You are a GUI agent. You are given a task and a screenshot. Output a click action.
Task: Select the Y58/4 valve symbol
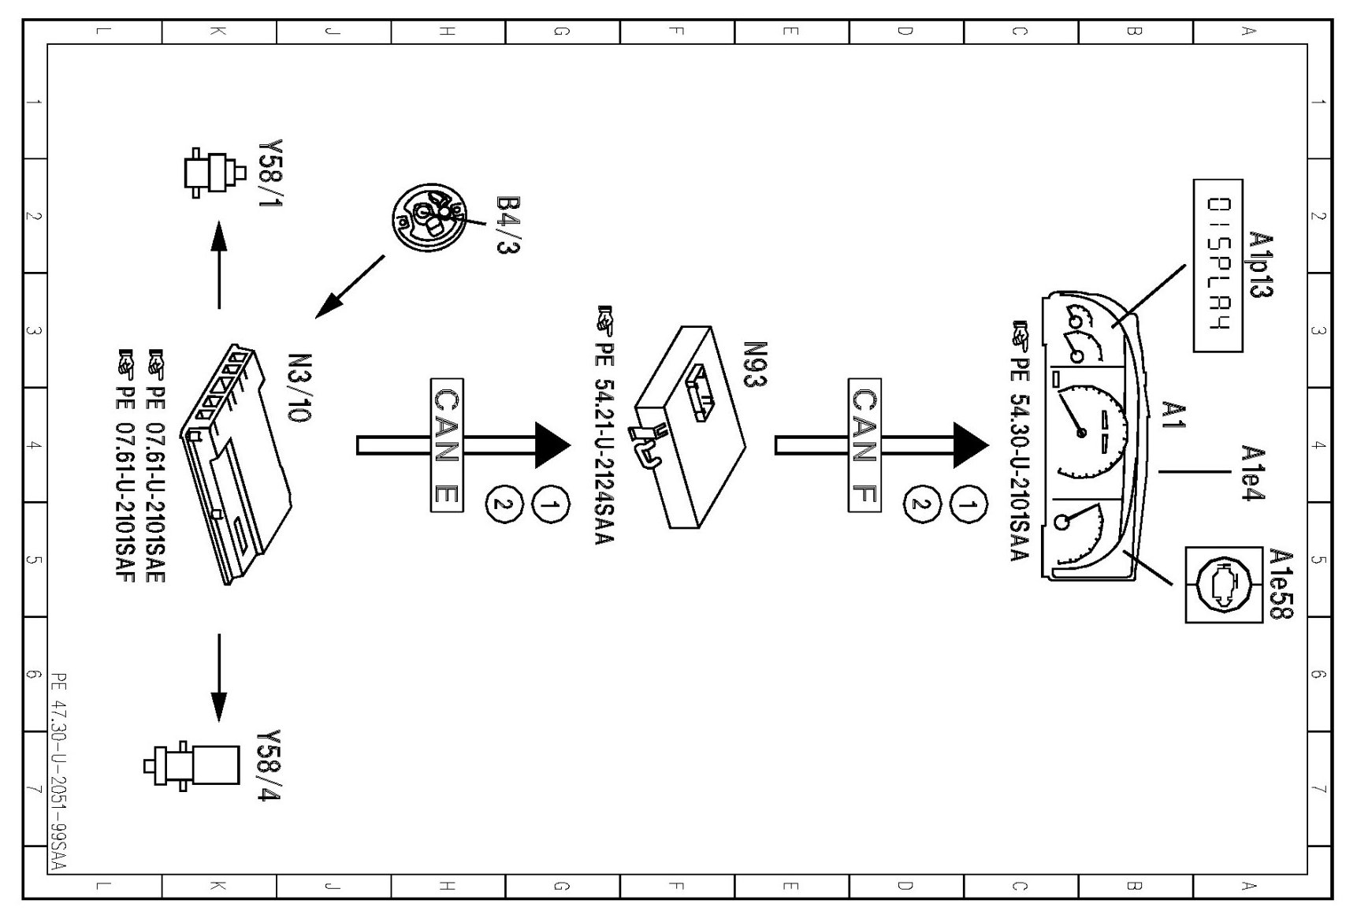pyautogui.click(x=191, y=764)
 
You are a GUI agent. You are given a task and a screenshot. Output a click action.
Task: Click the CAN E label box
pyautogui.click(x=447, y=445)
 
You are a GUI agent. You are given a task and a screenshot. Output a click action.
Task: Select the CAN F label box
pyautogui.click(x=864, y=445)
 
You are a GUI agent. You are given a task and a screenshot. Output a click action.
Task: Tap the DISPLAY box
pyautogui.click(x=1218, y=265)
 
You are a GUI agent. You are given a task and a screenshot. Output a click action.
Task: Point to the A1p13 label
pyautogui.click(x=1261, y=265)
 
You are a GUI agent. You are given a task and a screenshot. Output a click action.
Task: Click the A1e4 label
pyautogui.click(x=1253, y=473)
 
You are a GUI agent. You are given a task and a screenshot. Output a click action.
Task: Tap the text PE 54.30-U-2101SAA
pyautogui.click(x=1020, y=441)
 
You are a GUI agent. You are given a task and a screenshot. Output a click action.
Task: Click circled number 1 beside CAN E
pyautogui.click(x=552, y=504)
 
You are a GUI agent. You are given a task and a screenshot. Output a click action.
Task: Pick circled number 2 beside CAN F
pyautogui.click(x=919, y=504)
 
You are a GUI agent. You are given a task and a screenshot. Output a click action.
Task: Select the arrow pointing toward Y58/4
pyautogui.click(x=219, y=678)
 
